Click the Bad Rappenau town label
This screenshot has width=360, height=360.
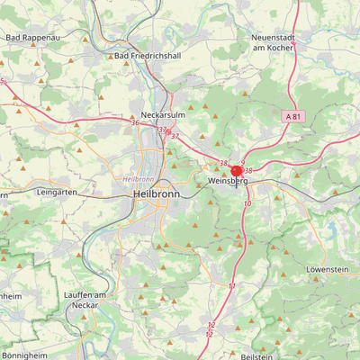pyautogui.click(x=26, y=38)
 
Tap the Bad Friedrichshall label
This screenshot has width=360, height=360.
pyautogui.click(x=148, y=56)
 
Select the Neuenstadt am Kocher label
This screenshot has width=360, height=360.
pyautogui.click(x=274, y=40)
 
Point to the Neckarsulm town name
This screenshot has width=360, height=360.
pyautogui.click(x=163, y=115)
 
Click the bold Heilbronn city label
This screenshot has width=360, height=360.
pyautogui.click(x=155, y=193)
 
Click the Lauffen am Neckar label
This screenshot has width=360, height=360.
pyautogui.click(x=85, y=301)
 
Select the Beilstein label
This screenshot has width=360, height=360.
pyautogui.click(x=257, y=356)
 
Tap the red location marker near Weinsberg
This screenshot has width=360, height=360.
pyautogui.click(x=237, y=170)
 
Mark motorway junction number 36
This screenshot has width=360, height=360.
pyautogui.click(x=135, y=122)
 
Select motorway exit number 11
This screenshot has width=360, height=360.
pyautogui.click(x=231, y=285)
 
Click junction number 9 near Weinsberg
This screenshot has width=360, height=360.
pyautogui.click(x=243, y=162)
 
